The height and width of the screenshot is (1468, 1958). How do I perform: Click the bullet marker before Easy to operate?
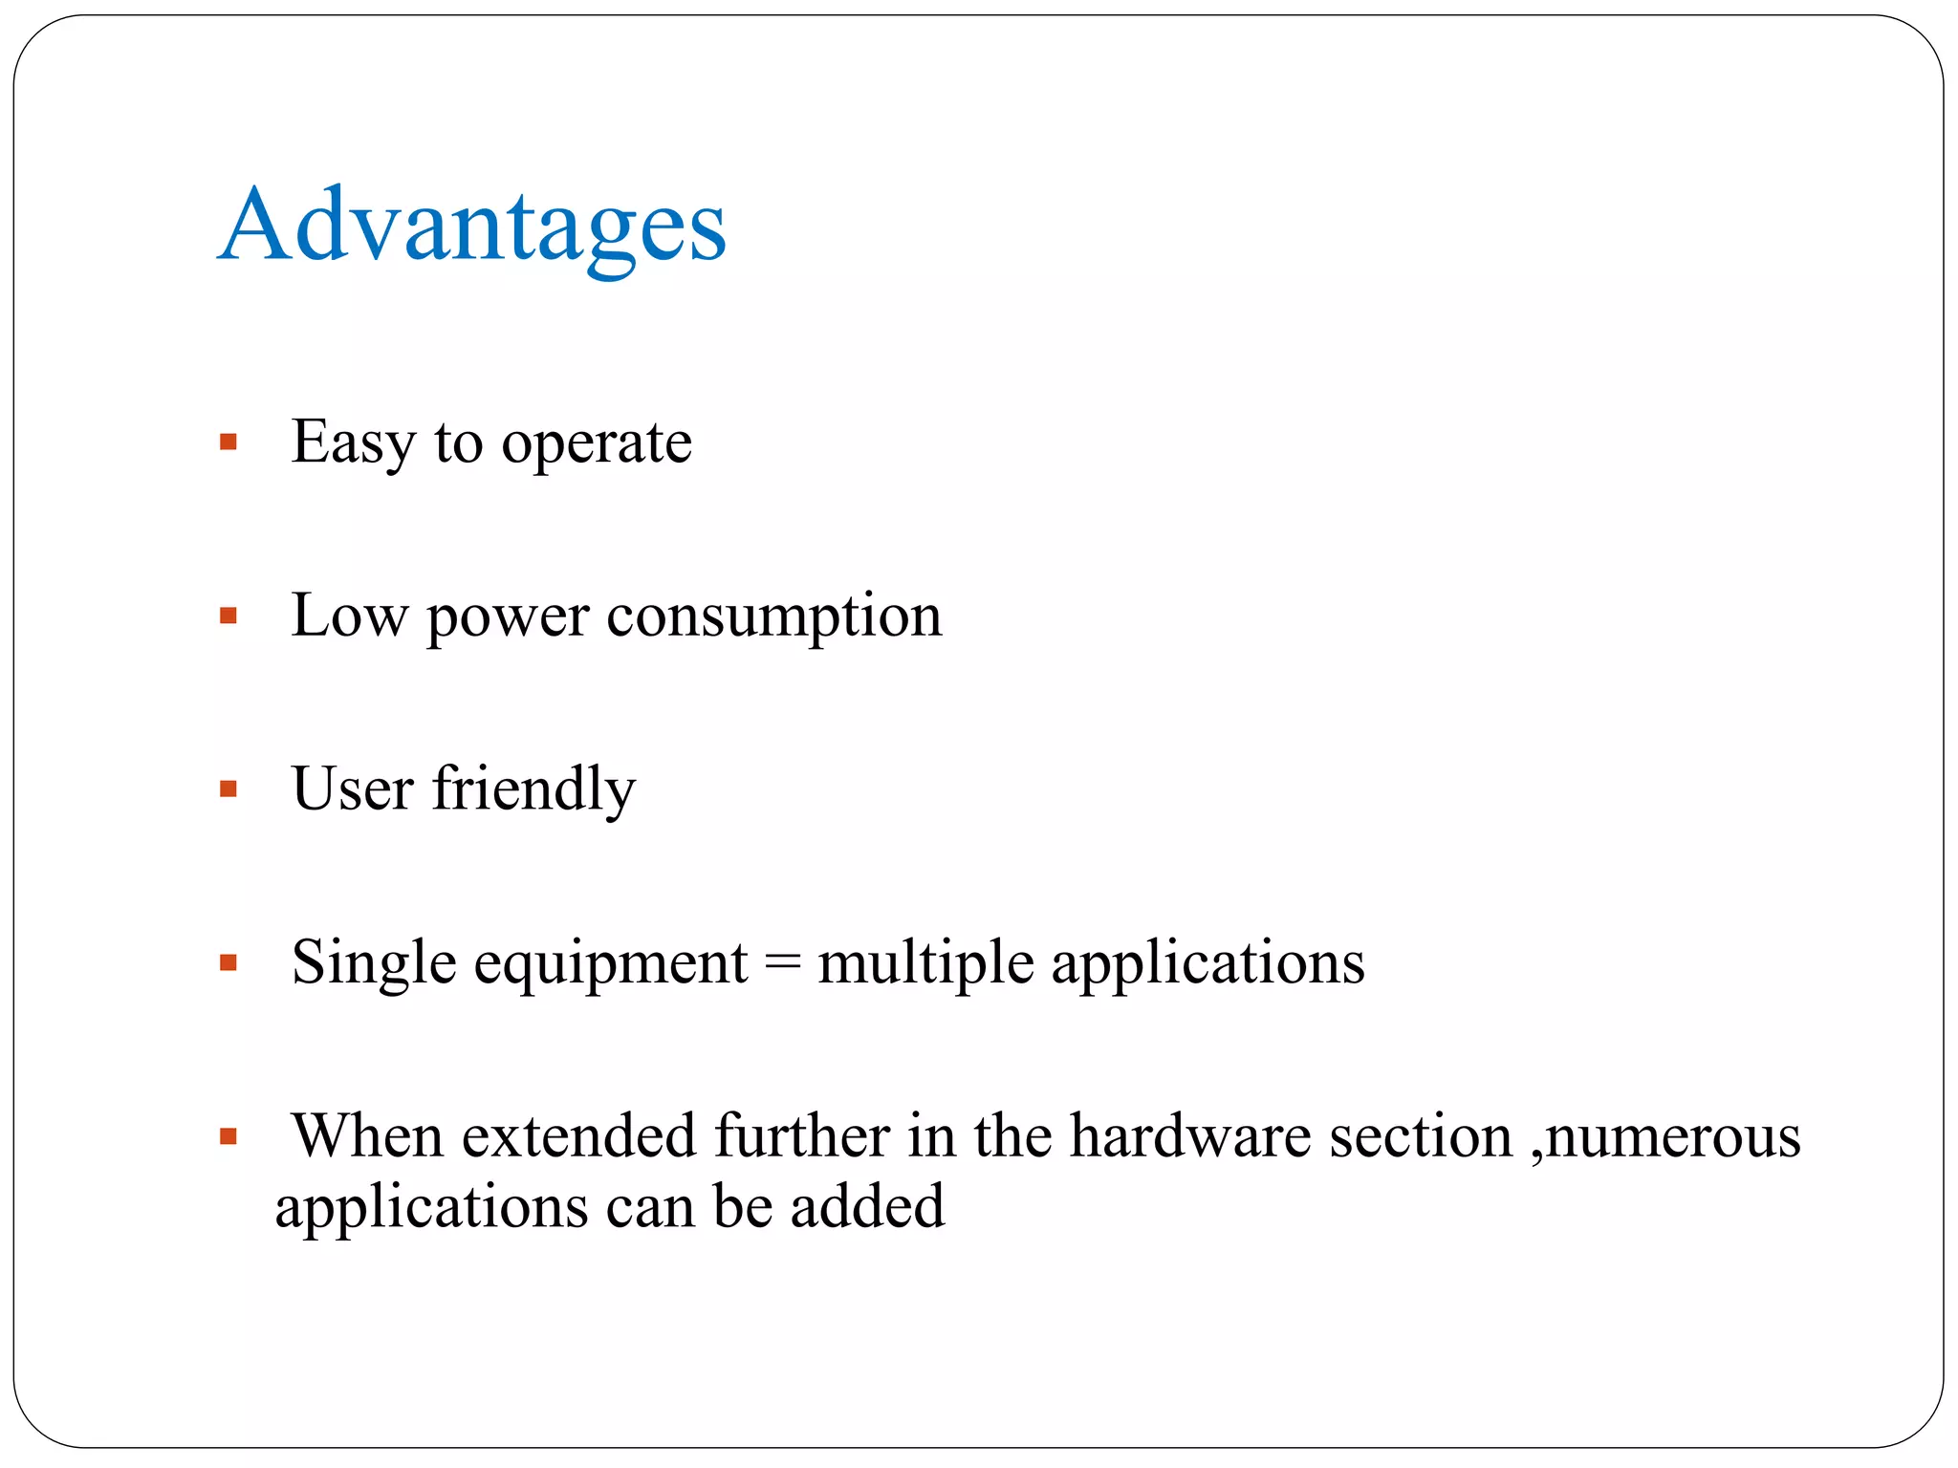(x=228, y=442)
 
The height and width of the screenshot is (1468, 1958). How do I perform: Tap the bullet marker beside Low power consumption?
(x=228, y=615)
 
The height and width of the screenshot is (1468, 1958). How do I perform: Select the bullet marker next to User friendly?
(x=228, y=789)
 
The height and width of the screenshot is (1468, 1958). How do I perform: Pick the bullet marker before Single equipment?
(x=228, y=962)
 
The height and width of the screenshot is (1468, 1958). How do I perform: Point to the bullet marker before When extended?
(x=228, y=1136)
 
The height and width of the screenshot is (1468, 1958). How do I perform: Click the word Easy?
(x=353, y=443)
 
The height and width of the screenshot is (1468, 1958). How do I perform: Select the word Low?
(x=349, y=615)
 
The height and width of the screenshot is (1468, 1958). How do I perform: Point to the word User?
(x=353, y=789)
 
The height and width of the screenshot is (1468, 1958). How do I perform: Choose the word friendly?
(x=533, y=789)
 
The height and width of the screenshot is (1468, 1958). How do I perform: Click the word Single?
(x=374, y=963)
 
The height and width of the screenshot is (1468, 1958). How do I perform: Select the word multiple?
(x=925, y=963)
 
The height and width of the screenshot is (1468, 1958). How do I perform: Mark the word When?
(x=368, y=1136)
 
